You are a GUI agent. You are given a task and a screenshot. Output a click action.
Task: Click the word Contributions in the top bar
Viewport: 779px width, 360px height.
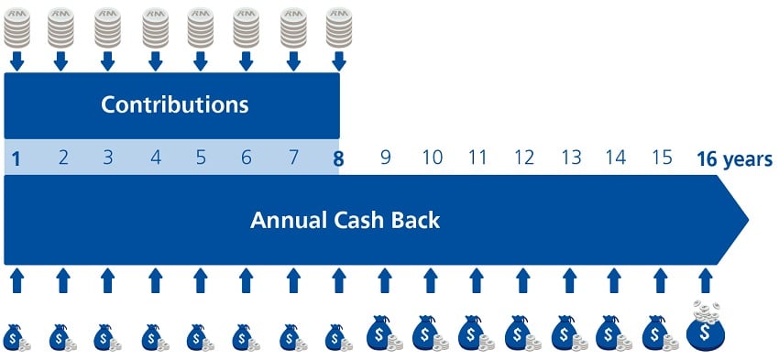[174, 104]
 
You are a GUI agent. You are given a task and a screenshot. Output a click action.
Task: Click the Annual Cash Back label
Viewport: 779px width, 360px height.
[346, 221]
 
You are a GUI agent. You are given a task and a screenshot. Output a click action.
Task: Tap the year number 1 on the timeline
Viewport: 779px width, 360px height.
[16, 158]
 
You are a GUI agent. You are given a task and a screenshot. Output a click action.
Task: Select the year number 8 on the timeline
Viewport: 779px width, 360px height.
[338, 158]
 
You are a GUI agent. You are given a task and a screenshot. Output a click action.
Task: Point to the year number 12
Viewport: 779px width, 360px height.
[524, 158]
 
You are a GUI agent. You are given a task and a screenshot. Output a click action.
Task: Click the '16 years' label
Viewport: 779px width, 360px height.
[734, 158]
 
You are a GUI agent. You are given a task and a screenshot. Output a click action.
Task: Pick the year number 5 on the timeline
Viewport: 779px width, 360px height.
[201, 158]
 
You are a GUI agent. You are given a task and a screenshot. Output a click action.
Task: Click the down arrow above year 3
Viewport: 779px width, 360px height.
[108, 61]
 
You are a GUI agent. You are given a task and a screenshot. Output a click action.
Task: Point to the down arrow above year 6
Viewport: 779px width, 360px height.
[247, 61]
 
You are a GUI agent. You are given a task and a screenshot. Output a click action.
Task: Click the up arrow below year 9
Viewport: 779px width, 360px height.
[384, 278]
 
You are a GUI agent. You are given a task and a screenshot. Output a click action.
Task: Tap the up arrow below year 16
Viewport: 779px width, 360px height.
[705, 278]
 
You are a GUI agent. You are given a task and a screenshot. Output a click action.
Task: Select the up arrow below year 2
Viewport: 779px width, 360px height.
[62, 278]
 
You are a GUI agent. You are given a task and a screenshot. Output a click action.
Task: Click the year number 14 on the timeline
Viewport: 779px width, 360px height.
[616, 158]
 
